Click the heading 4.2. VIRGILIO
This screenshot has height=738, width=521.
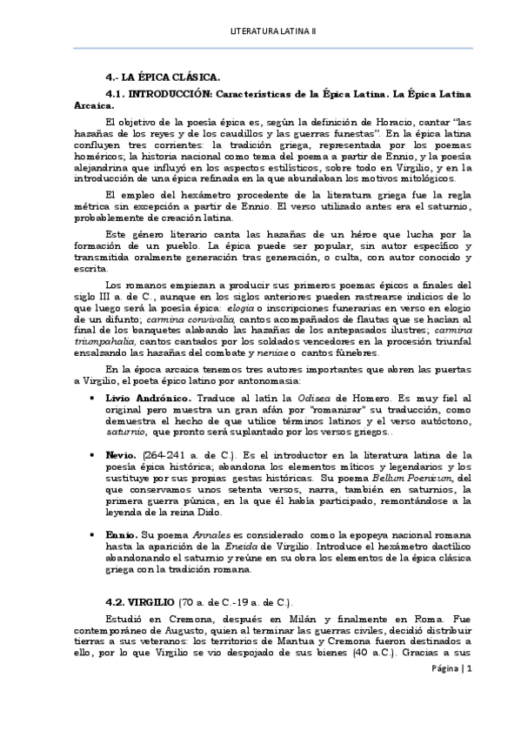140,602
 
